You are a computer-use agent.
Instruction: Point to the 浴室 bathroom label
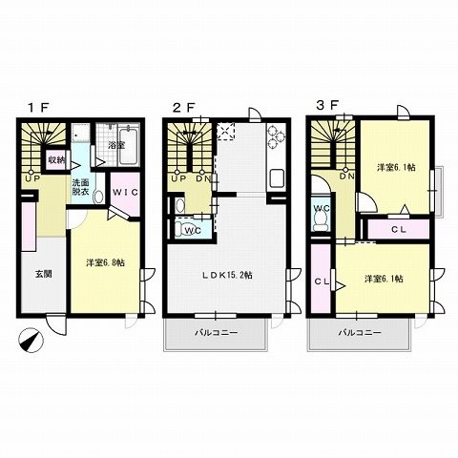117,144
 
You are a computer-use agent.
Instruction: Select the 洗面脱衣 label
85,187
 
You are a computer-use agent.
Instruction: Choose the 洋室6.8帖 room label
104,263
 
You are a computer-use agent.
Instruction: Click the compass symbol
31,339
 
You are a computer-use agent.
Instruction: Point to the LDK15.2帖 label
225,276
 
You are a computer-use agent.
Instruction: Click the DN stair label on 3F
346,177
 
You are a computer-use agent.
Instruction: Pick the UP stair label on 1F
32,177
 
